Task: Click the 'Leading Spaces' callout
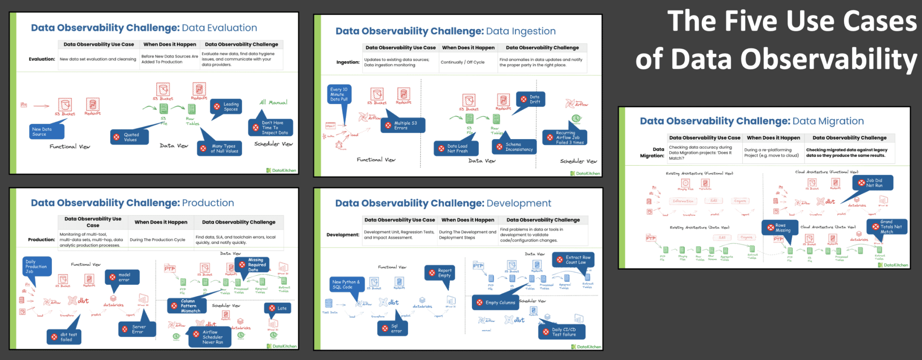[226, 107]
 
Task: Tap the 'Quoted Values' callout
[130, 137]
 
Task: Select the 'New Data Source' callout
[45, 131]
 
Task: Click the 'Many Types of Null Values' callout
[220, 148]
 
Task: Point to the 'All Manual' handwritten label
[273, 103]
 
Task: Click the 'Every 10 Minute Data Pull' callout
[339, 94]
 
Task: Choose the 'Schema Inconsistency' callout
[514, 147]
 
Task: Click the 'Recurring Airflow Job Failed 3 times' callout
[565, 138]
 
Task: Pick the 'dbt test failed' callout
[64, 337]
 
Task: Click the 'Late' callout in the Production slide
[278, 308]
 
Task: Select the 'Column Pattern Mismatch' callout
[186, 306]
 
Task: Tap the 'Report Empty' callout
[440, 273]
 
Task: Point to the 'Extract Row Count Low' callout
[574, 260]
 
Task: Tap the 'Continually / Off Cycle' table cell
[462, 63]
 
